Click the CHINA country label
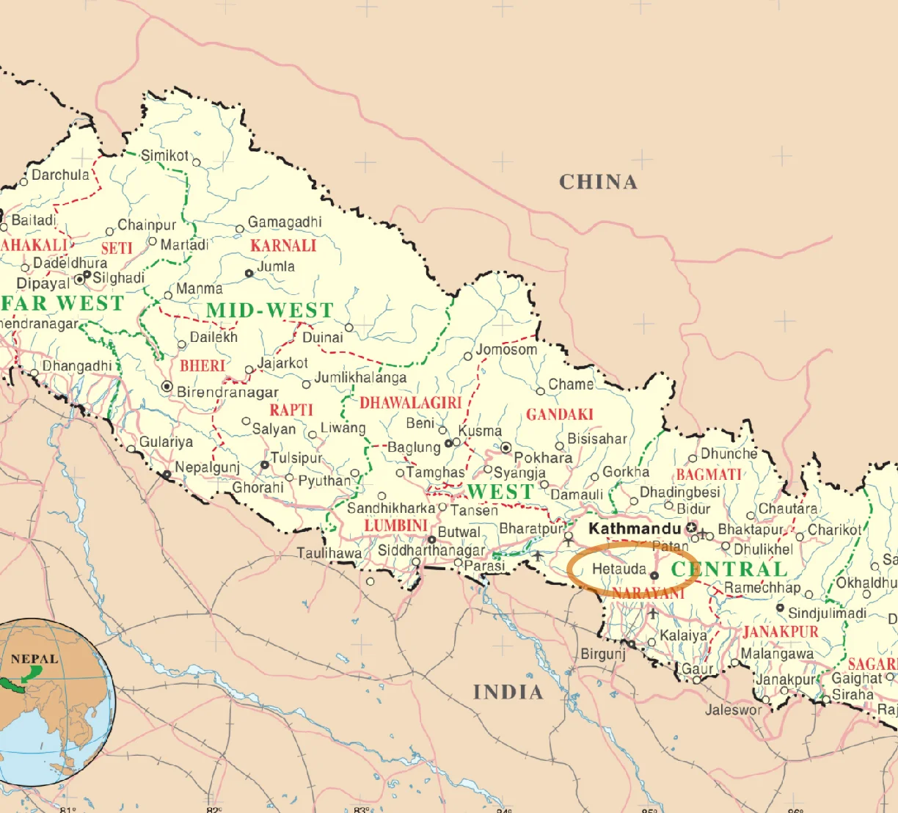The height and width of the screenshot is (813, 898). (x=598, y=182)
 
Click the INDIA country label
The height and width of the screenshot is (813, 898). (x=508, y=692)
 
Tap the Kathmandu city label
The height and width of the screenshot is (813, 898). (x=635, y=528)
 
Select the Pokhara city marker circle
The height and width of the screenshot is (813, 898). (x=506, y=447)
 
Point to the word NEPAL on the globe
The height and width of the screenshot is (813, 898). (x=34, y=658)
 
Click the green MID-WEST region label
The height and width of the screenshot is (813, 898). (x=269, y=310)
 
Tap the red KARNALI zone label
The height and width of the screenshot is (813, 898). (x=283, y=246)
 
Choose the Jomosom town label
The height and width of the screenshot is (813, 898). (x=506, y=349)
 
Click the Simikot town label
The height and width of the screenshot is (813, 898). (x=164, y=155)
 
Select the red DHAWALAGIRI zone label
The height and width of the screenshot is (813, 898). (x=410, y=403)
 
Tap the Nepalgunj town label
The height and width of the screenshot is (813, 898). (x=207, y=467)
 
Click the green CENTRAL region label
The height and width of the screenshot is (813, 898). (x=729, y=569)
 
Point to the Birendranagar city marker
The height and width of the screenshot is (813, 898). (x=167, y=386)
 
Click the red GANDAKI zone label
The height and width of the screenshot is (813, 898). (x=559, y=415)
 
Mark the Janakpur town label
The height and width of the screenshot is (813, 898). (x=785, y=679)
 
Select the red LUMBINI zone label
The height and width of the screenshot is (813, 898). (x=395, y=525)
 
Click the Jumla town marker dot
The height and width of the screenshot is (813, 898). (x=249, y=273)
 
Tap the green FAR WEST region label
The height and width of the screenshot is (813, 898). (x=62, y=303)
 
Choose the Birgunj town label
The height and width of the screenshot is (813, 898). (x=603, y=653)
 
